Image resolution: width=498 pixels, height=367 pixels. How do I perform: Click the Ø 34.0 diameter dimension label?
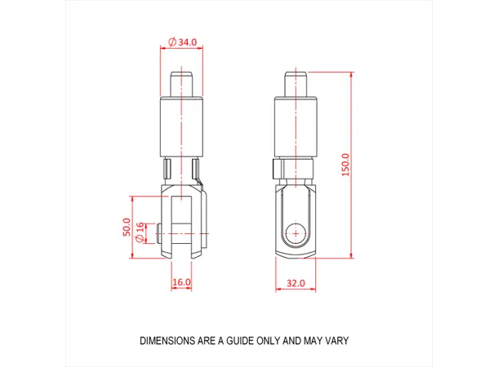[x=181, y=42]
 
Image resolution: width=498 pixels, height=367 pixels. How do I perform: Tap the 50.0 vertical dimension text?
[x=127, y=227]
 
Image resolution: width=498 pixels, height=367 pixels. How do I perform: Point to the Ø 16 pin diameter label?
[x=140, y=232]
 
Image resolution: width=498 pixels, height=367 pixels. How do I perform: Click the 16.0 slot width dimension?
[x=181, y=282]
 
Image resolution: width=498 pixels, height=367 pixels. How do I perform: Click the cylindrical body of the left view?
[x=181, y=126]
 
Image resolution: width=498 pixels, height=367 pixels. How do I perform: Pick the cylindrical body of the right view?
[x=296, y=126]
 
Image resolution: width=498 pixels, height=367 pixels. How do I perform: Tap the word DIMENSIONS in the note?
[x=168, y=340]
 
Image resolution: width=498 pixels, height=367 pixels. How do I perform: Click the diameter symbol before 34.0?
[x=171, y=42]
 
